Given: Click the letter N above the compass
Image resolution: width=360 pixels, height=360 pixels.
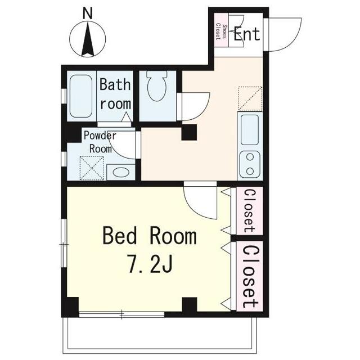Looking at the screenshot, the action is (x=88, y=13).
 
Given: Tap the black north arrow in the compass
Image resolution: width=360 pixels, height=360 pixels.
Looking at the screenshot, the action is (x=88, y=38).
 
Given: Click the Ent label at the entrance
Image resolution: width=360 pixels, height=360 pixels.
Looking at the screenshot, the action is (x=247, y=34).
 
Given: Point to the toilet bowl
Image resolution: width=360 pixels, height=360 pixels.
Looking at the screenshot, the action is (x=157, y=86).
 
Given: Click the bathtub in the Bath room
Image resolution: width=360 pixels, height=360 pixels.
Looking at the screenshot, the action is (x=81, y=96).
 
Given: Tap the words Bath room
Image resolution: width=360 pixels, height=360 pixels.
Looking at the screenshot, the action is (x=115, y=94).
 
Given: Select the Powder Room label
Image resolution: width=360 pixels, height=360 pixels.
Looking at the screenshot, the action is (x=100, y=142).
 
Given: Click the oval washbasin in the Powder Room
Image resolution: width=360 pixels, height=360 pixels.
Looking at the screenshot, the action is (x=121, y=172).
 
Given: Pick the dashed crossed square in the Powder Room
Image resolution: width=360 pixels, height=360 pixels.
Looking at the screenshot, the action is (x=92, y=168).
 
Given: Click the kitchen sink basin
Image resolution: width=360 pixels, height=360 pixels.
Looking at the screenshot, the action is (x=250, y=130).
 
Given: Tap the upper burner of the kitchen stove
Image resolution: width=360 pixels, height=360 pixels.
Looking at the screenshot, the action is (x=250, y=157).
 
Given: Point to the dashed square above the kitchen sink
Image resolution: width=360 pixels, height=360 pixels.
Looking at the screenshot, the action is (x=250, y=98).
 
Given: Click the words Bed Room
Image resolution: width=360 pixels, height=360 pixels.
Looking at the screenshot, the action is (x=150, y=235).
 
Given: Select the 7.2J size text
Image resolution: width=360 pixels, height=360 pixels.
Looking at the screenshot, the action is (x=150, y=264).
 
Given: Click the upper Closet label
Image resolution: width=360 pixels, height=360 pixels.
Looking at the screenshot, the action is (x=249, y=210).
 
